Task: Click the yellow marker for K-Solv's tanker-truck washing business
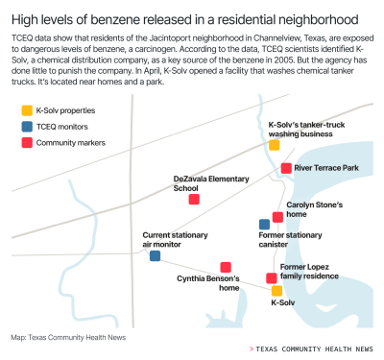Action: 274,145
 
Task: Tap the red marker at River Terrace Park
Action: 286,168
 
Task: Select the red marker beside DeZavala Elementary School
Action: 194,200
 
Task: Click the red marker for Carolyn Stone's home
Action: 277,217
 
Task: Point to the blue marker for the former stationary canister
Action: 264,225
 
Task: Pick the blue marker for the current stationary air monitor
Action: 155,256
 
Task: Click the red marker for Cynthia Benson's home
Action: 225,267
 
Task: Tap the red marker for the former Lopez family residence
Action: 271,278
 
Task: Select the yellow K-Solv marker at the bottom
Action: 276,290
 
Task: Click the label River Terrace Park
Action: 326,168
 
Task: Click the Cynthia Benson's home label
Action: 208,282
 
